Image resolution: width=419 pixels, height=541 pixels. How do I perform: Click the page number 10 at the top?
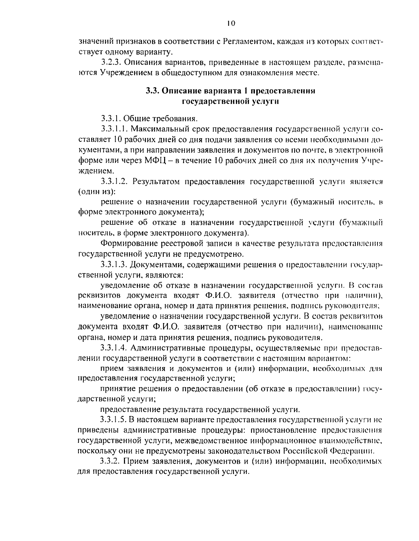tap(231, 23)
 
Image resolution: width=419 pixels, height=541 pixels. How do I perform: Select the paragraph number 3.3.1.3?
tap(114, 264)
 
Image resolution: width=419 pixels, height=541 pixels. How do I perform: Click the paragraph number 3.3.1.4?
tap(114, 348)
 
